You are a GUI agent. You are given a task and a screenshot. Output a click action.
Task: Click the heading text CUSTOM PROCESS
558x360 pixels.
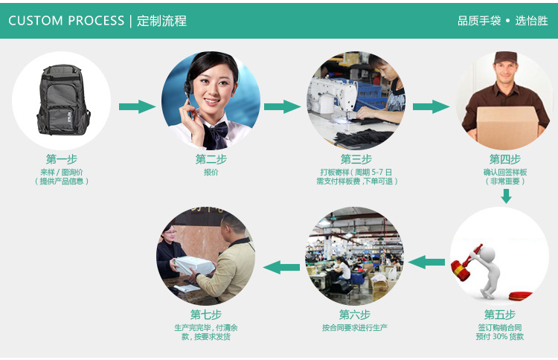click(x=66, y=21)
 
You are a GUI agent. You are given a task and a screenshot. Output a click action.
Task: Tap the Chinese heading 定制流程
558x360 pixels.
click(x=162, y=21)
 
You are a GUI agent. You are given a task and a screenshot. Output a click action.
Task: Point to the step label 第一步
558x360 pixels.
click(x=62, y=159)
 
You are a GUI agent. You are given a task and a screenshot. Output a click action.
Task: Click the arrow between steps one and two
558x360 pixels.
click(x=136, y=106)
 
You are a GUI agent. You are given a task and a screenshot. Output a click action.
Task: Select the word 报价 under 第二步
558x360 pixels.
click(x=211, y=173)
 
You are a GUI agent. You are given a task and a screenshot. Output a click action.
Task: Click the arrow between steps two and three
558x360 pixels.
click(x=282, y=106)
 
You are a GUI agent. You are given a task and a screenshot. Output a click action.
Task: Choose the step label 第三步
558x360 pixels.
click(x=356, y=159)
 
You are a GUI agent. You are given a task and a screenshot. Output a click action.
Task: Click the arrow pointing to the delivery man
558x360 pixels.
click(x=431, y=106)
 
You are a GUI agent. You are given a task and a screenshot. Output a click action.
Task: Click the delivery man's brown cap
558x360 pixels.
click(x=505, y=58)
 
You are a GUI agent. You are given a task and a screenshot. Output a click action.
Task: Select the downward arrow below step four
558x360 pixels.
click(x=506, y=196)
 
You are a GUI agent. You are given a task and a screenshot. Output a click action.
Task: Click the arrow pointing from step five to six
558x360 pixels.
click(x=427, y=262)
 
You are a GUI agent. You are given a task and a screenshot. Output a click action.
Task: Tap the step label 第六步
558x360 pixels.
click(x=355, y=315)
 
